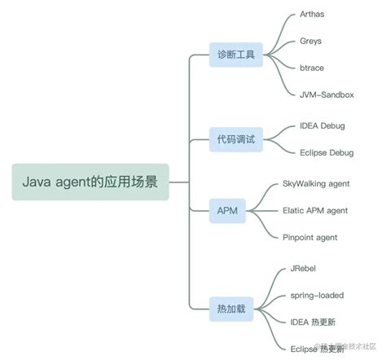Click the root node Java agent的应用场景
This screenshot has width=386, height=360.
[90, 182]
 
